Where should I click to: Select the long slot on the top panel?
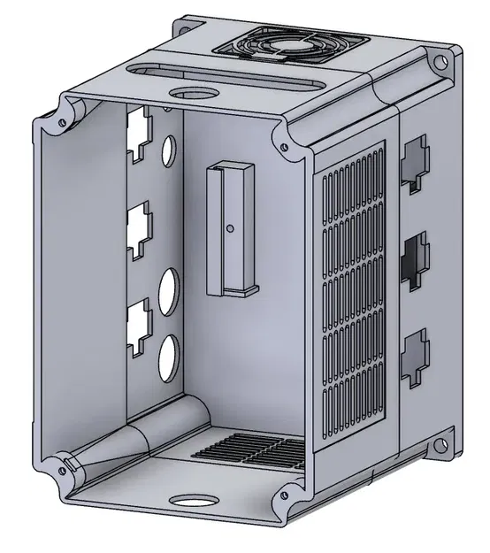222,73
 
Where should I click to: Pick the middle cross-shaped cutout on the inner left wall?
139,231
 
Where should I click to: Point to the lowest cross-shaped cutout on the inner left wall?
139,327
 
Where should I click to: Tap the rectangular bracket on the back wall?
228,230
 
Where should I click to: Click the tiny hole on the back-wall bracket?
230,228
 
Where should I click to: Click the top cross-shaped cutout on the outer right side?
413,163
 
